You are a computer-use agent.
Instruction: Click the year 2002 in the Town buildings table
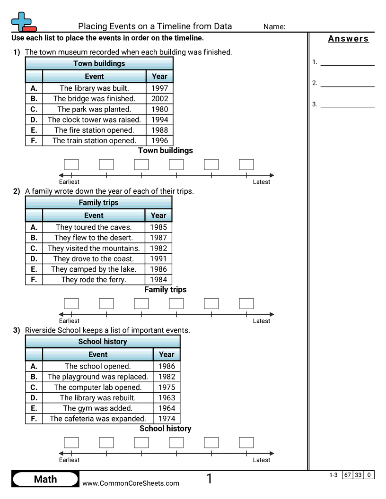(x=159, y=99)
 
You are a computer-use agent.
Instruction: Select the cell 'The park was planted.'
(x=94, y=109)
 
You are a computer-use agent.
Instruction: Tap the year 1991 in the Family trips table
(x=158, y=259)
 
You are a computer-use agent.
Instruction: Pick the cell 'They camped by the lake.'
(x=94, y=269)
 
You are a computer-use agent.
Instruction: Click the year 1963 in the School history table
(x=167, y=398)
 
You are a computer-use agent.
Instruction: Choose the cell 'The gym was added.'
(x=98, y=408)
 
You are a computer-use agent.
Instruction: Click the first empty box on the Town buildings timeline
(x=71, y=164)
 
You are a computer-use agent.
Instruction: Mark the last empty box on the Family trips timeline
(x=246, y=303)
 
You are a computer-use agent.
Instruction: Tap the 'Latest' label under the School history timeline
(x=262, y=460)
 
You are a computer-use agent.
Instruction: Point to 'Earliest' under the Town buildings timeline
(x=69, y=182)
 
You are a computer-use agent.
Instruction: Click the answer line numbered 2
(x=348, y=86)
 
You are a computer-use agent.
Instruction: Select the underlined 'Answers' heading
(x=349, y=38)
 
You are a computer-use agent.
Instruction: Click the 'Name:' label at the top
(x=274, y=27)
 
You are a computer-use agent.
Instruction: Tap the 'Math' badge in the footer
(x=45, y=479)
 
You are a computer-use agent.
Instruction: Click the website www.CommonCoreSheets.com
(x=131, y=483)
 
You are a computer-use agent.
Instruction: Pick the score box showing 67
(x=347, y=475)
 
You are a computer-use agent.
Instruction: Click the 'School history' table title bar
(x=103, y=342)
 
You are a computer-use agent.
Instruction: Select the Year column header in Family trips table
(x=158, y=215)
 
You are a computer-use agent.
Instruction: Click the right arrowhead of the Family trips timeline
(x=272, y=314)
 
